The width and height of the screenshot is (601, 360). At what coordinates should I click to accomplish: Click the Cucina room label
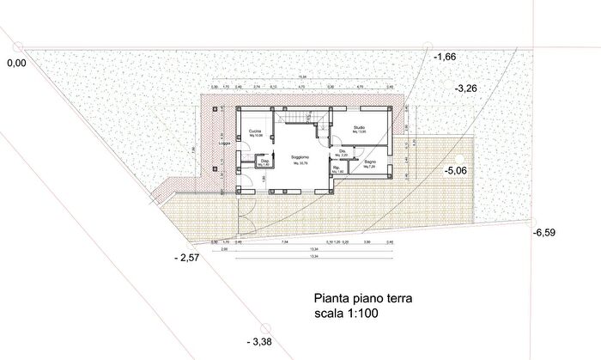pos(255,131)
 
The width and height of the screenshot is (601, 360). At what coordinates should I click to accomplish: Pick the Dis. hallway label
pos(342,152)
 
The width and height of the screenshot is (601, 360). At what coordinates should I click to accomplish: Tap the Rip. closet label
pos(337,168)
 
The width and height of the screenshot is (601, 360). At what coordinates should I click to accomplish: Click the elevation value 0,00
pos(17,64)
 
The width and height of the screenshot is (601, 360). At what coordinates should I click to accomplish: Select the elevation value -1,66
pos(445,57)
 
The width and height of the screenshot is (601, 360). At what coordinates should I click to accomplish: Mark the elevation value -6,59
pos(546,233)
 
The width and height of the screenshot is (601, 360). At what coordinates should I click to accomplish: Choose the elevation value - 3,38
pos(258,342)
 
